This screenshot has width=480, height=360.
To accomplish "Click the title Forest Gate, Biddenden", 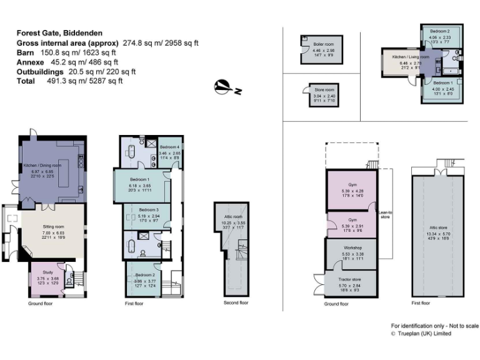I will pos(59,33).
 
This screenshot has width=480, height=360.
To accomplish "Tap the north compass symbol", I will pos(223,87).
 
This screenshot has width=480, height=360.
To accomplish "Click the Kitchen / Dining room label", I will pos(42,165).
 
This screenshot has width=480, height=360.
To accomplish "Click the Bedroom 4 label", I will pos(169,147).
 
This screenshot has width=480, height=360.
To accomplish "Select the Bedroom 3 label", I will pos(149,209).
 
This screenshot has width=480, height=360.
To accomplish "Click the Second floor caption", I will pos(236,302).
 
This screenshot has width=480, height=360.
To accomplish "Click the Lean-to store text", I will pos(384,214).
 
